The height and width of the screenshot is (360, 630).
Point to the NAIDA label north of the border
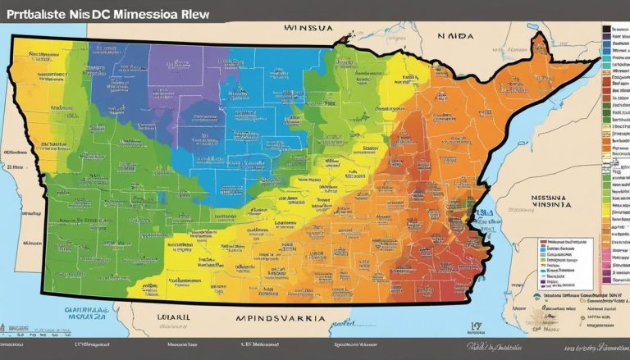(x=454, y=38)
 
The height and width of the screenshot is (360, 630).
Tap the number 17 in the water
(x=476, y=325)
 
